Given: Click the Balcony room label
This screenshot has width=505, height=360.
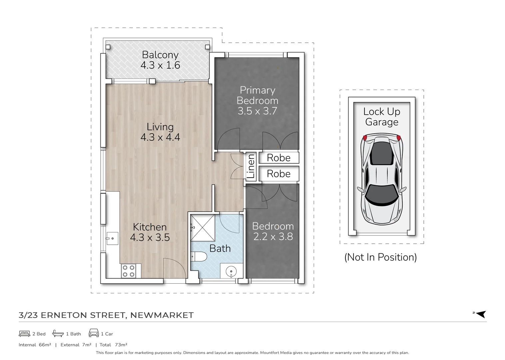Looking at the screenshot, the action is [x=160, y=55].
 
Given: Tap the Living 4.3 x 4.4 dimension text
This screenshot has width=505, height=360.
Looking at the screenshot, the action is [x=160, y=137].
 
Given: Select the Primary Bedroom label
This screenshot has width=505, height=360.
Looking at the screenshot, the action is [x=257, y=95].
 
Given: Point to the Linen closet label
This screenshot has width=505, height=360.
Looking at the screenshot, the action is [x=251, y=166].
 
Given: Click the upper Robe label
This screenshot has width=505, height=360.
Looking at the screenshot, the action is [x=279, y=158].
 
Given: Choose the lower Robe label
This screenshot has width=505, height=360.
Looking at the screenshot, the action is [x=279, y=174].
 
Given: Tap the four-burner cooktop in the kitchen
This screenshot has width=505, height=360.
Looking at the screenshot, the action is [x=129, y=271].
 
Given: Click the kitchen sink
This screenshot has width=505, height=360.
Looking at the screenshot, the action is [x=112, y=238].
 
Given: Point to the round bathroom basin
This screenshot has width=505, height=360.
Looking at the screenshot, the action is [x=231, y=271].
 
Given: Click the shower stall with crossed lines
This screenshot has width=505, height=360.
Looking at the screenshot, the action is [x=203, y=228].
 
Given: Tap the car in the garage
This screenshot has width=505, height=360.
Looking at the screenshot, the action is [x=382, y=179].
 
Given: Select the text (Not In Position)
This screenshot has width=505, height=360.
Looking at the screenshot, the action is [x=380, y=257].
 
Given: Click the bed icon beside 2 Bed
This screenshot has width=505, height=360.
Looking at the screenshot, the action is [x=24, y=334].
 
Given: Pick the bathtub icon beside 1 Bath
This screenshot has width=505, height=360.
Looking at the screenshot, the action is [x=58, y=333].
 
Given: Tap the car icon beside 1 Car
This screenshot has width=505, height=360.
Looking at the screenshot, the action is [x=94, y=333].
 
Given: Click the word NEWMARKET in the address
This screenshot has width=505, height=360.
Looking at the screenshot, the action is [x=162, y=315].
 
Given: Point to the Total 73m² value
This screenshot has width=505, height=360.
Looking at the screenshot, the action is [x=121, y=345].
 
